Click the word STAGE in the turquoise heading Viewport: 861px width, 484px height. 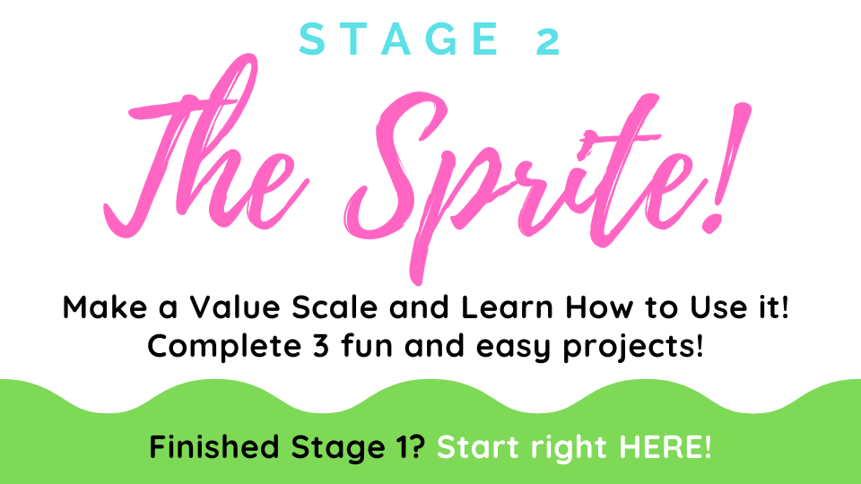click(399, 39)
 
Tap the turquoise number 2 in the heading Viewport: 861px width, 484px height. click(548, 39)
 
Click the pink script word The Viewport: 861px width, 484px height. click(206, 147)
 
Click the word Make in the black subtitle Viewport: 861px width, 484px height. click(104, 307)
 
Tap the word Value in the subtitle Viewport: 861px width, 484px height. click(234, 307)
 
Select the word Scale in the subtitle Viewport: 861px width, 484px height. click(335, 307)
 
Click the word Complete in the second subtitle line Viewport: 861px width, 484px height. click(224, 346)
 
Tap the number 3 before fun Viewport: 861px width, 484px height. click(321, 347)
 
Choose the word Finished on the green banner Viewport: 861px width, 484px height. click(214, 446)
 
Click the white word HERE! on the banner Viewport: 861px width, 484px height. click(665, 446)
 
